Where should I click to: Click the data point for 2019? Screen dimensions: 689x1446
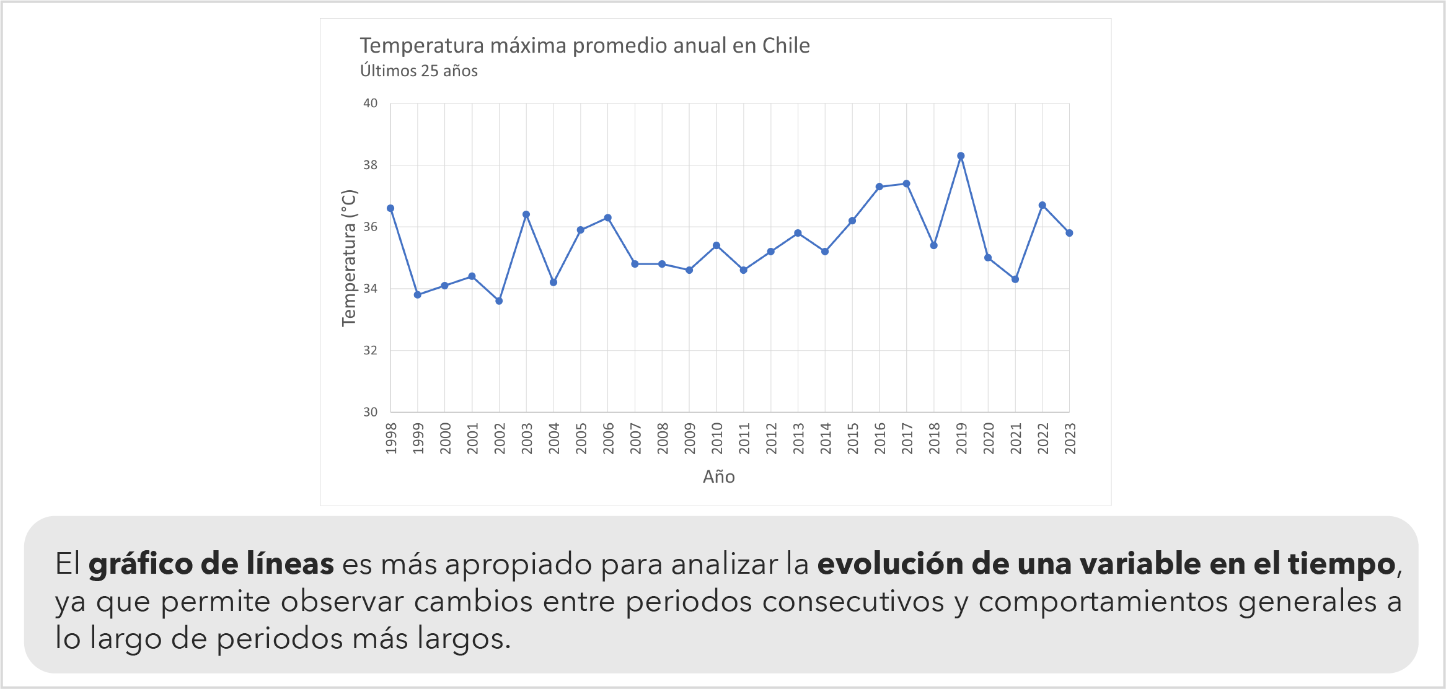tap(961, 156)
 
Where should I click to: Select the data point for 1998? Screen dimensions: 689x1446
tap(390, 208)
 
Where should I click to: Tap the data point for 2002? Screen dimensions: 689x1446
tap(499, 301)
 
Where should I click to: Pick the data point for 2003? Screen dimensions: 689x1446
tap(526, 214)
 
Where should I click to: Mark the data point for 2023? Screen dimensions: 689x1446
tap(1069, 233)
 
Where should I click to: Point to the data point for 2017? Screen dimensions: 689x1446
tap(906, 183)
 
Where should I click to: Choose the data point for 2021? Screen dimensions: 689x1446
tap(1015, 279)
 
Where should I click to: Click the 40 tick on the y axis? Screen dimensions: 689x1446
tap(370, 103)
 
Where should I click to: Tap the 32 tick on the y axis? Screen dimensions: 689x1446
tap(370, 351)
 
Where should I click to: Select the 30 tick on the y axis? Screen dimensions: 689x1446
tap(370, 412)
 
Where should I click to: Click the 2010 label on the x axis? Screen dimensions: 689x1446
tap(717, 438)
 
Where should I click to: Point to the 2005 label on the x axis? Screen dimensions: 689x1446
tap(581, 438)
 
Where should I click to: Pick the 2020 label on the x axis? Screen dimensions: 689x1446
tap(989, 438)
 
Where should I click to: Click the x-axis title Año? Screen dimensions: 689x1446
tap(719, 476)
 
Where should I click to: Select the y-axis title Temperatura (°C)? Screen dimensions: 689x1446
tap(349, 258)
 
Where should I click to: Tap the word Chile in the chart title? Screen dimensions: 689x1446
tap(786, 45)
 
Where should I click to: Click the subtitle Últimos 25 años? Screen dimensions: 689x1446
tap(419, 71)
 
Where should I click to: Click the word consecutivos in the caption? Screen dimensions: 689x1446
tap(853, 602)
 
